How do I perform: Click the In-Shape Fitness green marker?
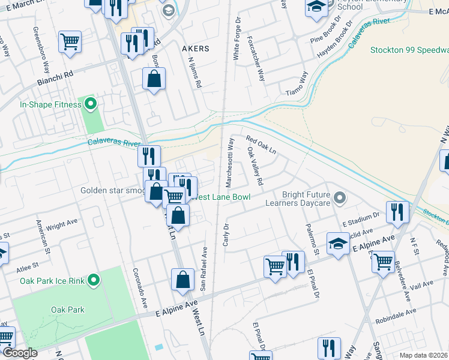tap(90, 105)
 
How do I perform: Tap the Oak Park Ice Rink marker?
tap(94, 280)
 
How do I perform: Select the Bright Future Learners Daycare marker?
tap(340, 197)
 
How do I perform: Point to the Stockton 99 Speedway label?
tap(409, 50)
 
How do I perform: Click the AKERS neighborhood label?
tap(195, 49)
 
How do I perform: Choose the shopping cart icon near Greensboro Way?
tap(70, 42)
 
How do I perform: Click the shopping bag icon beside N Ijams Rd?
tap(154, 79)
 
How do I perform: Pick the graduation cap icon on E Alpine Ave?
tap(338, 244)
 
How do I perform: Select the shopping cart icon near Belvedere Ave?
tap(383, 261)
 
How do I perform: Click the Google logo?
tap(19, 353)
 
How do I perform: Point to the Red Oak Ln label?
tap(261, 145)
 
